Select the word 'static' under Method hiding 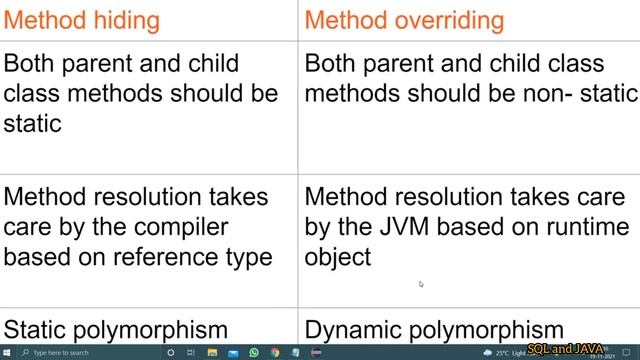(33, 123)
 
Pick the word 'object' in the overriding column (338, 257)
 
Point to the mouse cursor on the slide (421, 284)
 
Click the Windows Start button (8, 353)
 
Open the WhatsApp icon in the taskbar (254, 353)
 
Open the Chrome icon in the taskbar (274, 353)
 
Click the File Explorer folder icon (213, 353)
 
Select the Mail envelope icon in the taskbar (233, 353)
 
